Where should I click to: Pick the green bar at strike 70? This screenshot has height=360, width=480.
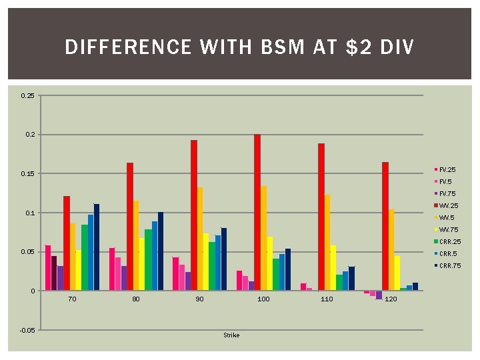[85, 257]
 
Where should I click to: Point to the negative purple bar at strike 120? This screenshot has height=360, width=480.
[379, 295]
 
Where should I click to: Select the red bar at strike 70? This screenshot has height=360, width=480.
[67, 243]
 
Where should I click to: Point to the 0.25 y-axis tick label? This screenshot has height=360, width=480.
[28, 96]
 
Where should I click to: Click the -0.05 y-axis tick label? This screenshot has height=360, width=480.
[27, 331]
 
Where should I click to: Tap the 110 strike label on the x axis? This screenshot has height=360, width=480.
[327, 299]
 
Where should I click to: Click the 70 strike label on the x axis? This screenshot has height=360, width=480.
[72, 299]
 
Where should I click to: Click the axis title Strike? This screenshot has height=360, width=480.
[231, 335]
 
